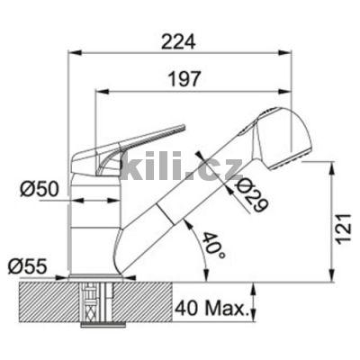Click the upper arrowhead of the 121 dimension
click(x=335, y=175)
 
